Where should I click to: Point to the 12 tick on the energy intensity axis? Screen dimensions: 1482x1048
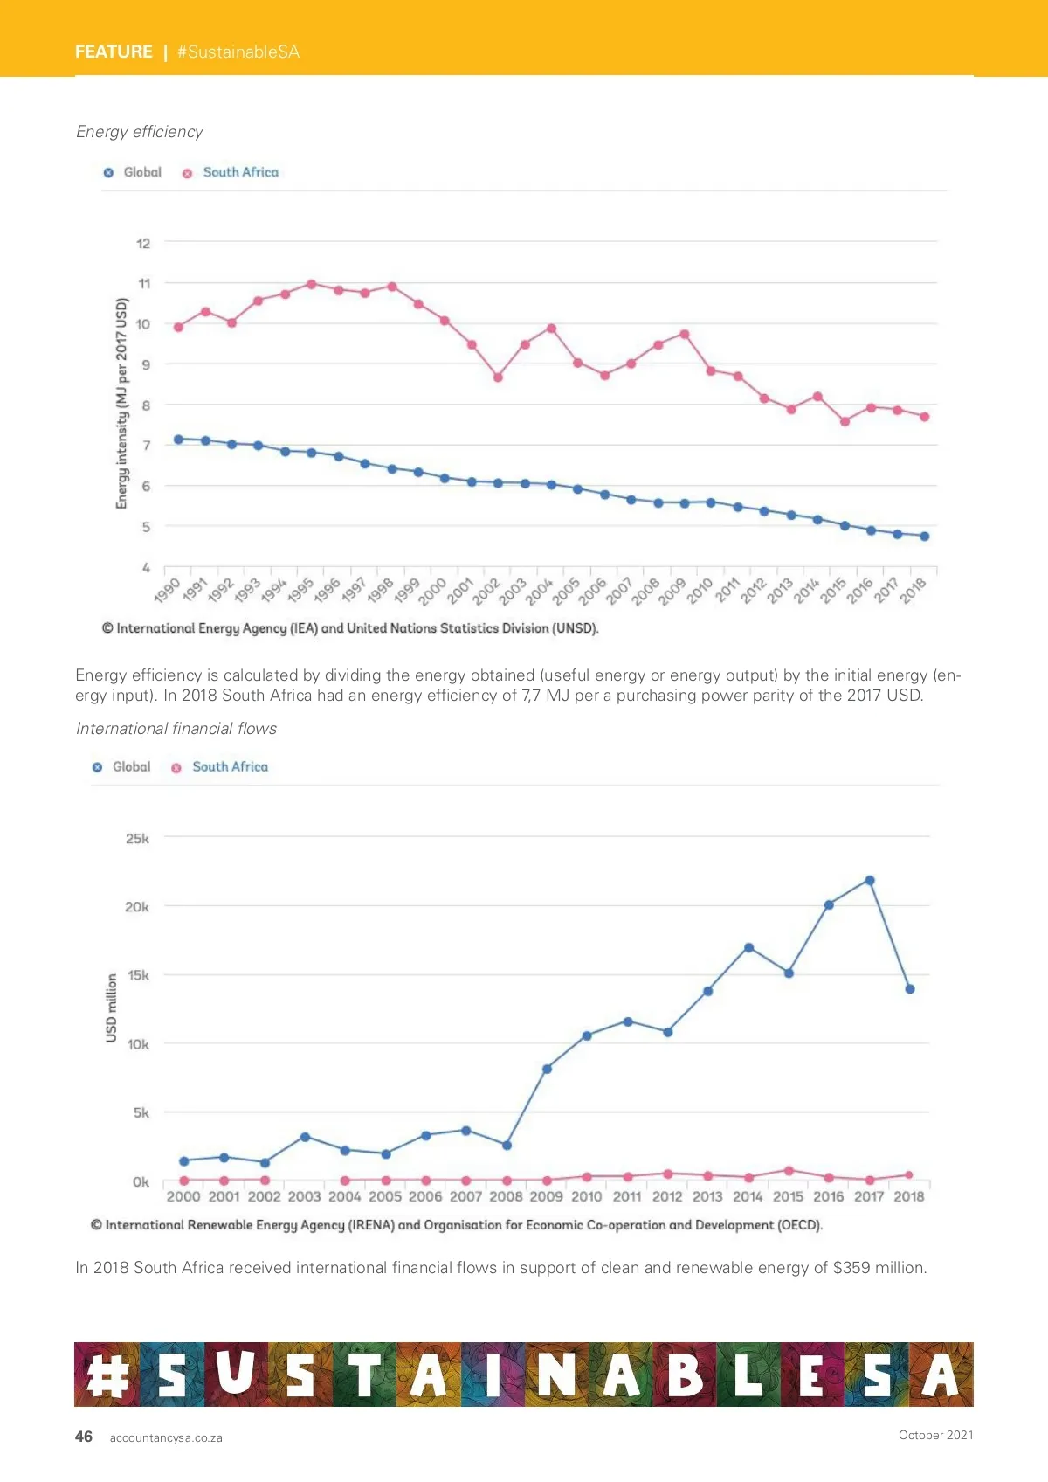tap(143, 243)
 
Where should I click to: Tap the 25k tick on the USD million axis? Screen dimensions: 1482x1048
tap(137, 838)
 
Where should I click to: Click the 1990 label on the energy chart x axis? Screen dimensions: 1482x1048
tap(167, 590)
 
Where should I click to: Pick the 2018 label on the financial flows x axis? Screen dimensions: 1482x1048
tap(908, 1196)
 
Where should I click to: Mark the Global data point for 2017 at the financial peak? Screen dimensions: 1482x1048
tap(869, 881)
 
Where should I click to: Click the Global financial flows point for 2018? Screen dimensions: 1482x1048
tap(909, 989)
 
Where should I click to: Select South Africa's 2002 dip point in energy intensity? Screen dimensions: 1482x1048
tap(498, 377)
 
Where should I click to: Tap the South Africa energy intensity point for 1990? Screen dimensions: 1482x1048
tap(179, 327)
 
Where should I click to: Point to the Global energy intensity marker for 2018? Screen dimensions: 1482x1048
tap(924, 537)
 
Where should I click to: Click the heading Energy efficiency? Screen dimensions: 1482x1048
tap(140, 132)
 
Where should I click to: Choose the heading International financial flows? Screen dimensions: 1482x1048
tap(176, 729)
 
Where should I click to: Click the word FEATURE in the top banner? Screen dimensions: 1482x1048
tap(114, 52)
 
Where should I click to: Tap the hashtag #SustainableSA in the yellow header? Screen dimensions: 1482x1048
tap(238, 52)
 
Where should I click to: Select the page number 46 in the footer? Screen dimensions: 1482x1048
tap(84, 1437)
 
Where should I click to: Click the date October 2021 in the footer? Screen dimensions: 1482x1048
tap(935, 1435)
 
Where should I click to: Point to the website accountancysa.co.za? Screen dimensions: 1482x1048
tap(166, 1437)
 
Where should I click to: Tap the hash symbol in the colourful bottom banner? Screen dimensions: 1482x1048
tap(107, 1375)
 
